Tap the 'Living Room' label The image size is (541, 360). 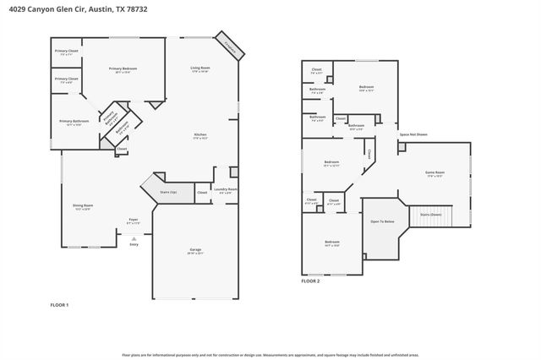[x=199, y=68]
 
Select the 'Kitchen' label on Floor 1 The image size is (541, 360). [x=200, y=135]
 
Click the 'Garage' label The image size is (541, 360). [x=194, y=250]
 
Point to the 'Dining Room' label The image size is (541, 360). [x=83, y=207]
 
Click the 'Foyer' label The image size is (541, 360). [x=133, y=221]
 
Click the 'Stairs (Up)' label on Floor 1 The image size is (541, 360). [x=168, y=193]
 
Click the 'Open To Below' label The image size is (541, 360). [x=381, y=221]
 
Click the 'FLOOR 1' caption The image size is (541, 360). [x=59, y=304]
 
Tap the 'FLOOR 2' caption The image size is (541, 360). [x=310, y=281]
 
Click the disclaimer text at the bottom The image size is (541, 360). [x=270, y=355]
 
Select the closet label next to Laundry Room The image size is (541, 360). [x=202, y=193]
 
